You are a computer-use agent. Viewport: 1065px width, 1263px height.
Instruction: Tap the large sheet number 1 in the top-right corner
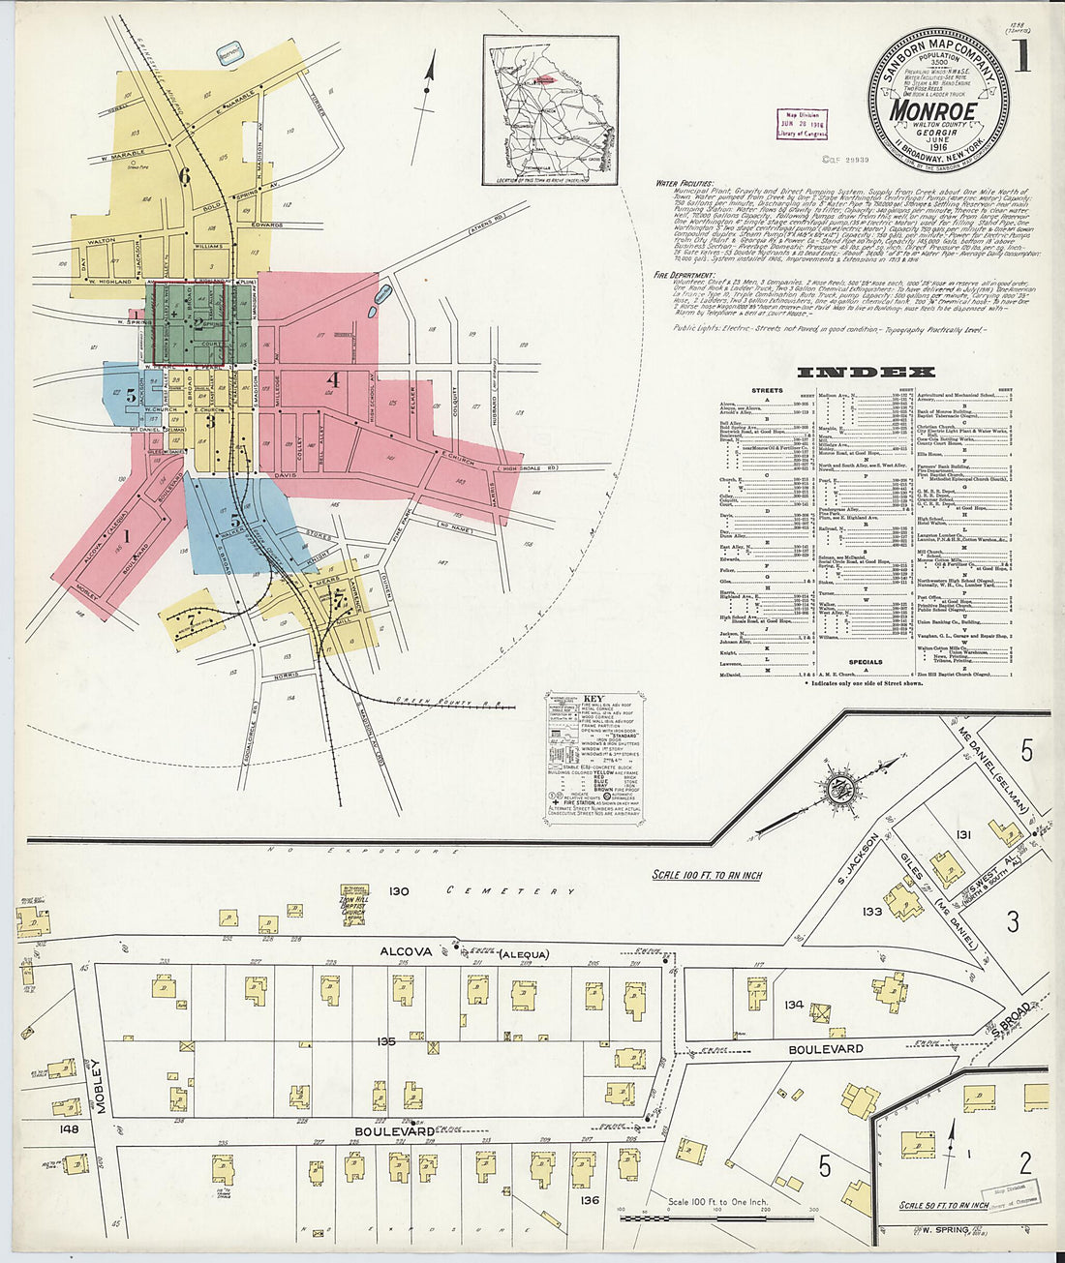(1023, 58)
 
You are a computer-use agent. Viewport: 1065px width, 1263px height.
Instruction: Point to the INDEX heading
(865, 372)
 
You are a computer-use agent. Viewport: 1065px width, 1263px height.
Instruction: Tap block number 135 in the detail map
(386, 1041)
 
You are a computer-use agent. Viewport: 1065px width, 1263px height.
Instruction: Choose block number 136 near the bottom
(590, 1200)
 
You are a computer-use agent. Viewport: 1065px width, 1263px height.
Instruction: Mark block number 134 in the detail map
(794, 1005)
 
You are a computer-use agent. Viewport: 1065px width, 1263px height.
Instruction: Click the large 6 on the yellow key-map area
(184, 175)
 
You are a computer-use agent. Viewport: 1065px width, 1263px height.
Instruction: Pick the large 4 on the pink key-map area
(332, 378)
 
